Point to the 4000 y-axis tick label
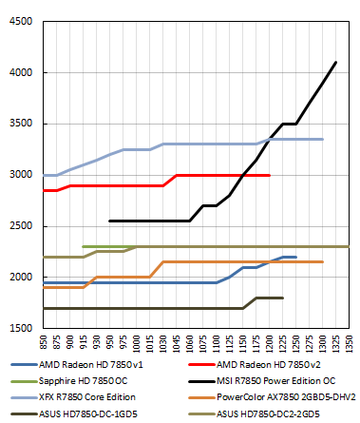coord(19,72)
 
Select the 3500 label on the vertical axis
coord(19,124)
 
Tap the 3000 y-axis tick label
coord(19,175)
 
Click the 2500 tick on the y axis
coord(19,226)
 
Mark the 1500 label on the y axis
coord(19,328)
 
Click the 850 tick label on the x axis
coord(43,341)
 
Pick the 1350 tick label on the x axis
coord(350,341)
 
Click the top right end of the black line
coord(336,62)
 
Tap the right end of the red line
coord(270,175)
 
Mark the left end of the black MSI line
coord(109,221)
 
